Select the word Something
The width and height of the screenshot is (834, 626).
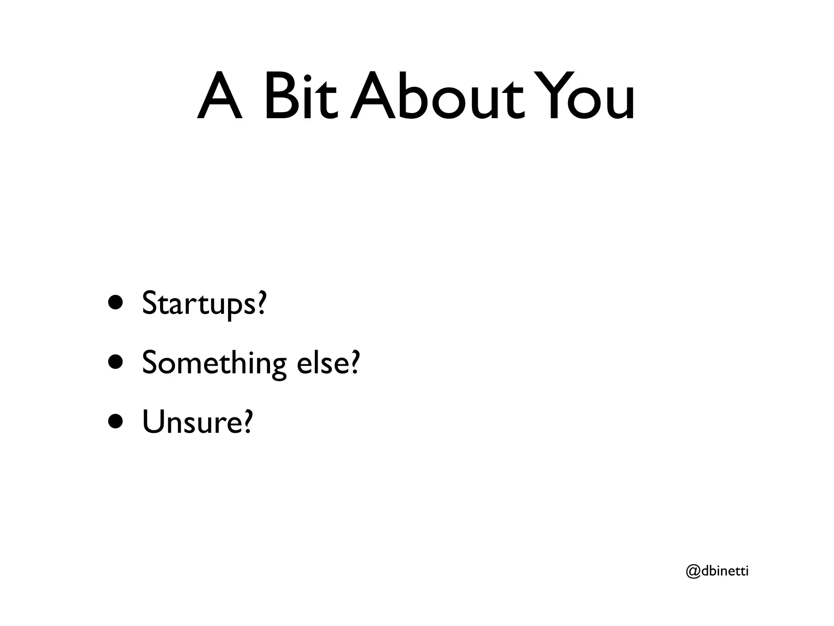pyautogui.click(x=214, y=363)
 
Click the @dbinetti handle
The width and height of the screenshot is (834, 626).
pyautogui.click(x=717, y=571)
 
